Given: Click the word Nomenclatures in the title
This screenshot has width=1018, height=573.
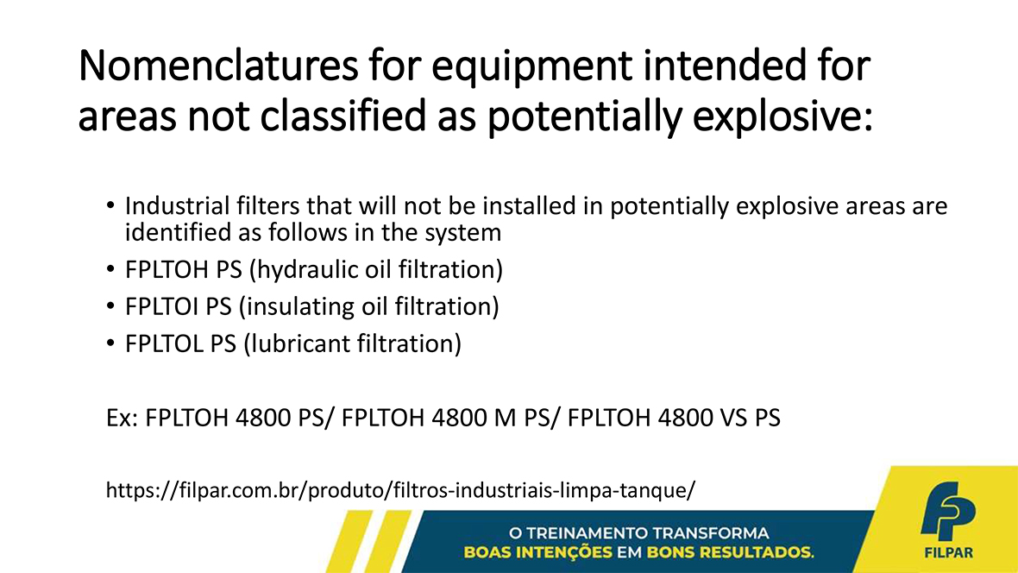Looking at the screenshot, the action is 218,66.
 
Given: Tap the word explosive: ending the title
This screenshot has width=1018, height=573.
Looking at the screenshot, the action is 782,117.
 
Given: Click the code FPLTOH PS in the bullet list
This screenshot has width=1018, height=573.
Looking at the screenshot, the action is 183,269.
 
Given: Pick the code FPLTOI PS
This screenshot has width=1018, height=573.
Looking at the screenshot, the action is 178,306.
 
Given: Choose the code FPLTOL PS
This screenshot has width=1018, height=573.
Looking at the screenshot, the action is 180,343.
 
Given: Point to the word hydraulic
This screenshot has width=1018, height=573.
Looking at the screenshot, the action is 304,270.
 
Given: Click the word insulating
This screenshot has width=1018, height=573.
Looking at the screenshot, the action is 297,307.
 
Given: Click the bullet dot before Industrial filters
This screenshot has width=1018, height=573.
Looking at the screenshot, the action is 110,206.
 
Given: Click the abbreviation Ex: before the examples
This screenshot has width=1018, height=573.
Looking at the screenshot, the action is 122,418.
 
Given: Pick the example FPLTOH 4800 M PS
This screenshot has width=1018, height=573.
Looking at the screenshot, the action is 445,418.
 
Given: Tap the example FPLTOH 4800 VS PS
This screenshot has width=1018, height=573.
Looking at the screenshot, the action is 674,418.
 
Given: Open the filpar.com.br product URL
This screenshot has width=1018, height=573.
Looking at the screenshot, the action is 400,490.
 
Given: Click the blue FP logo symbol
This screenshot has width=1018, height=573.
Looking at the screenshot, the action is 948,511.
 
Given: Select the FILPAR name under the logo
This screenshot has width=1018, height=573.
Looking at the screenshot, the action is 948,553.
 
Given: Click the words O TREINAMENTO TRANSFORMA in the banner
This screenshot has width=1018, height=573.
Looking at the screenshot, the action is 639,533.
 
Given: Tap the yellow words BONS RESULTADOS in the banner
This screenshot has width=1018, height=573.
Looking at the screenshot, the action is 730,553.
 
